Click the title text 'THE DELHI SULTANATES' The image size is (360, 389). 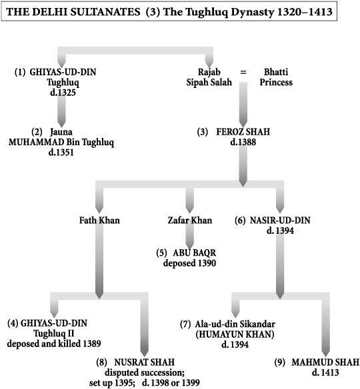pos(73,12)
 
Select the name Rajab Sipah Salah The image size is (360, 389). pos(209,77)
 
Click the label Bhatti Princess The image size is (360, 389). pos(276,77)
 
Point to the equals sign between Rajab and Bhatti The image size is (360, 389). pos(243,72)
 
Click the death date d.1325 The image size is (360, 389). pos(63,93)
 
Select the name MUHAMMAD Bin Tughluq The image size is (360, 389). pos(61,143)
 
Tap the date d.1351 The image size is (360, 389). pos(61,153)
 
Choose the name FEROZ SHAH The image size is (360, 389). pos(243,132)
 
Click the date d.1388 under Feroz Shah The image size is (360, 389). pos(243,142)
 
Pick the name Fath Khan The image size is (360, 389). pos(99,220)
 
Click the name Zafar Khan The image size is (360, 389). pos(190,220)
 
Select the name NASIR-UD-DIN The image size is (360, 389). pos(280,220)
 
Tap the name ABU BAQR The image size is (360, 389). pos(195,253)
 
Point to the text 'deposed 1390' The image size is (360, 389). pos(189,263)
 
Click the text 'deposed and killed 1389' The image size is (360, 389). pos(54,344)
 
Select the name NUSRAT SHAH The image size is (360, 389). pos(145,362)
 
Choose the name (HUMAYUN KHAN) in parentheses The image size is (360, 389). pos(235,334)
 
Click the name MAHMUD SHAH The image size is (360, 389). pos(325,362)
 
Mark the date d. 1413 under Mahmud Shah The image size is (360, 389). pos(325,372)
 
